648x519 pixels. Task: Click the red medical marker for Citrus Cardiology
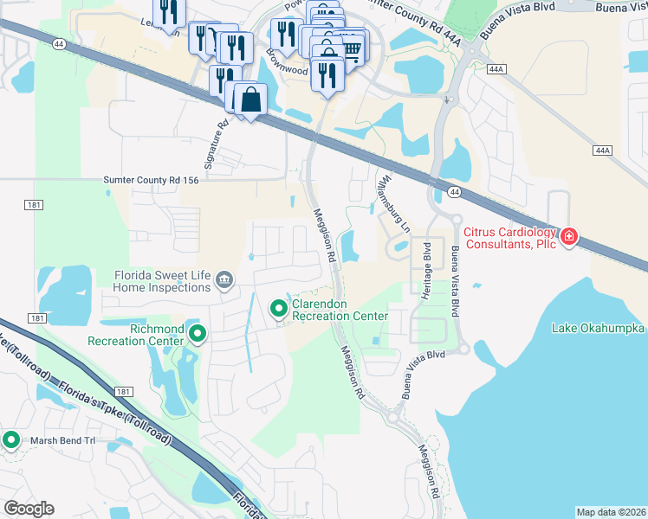[568, 236]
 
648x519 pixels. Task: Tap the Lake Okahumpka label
[599, 329]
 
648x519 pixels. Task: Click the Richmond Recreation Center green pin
[198, 333]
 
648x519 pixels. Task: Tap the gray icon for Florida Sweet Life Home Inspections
[224, 279]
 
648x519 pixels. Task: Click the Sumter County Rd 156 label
[152, 180]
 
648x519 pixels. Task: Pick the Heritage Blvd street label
[426, 270]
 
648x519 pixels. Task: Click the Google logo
[29, 509]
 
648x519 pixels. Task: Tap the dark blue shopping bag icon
[250, 99]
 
